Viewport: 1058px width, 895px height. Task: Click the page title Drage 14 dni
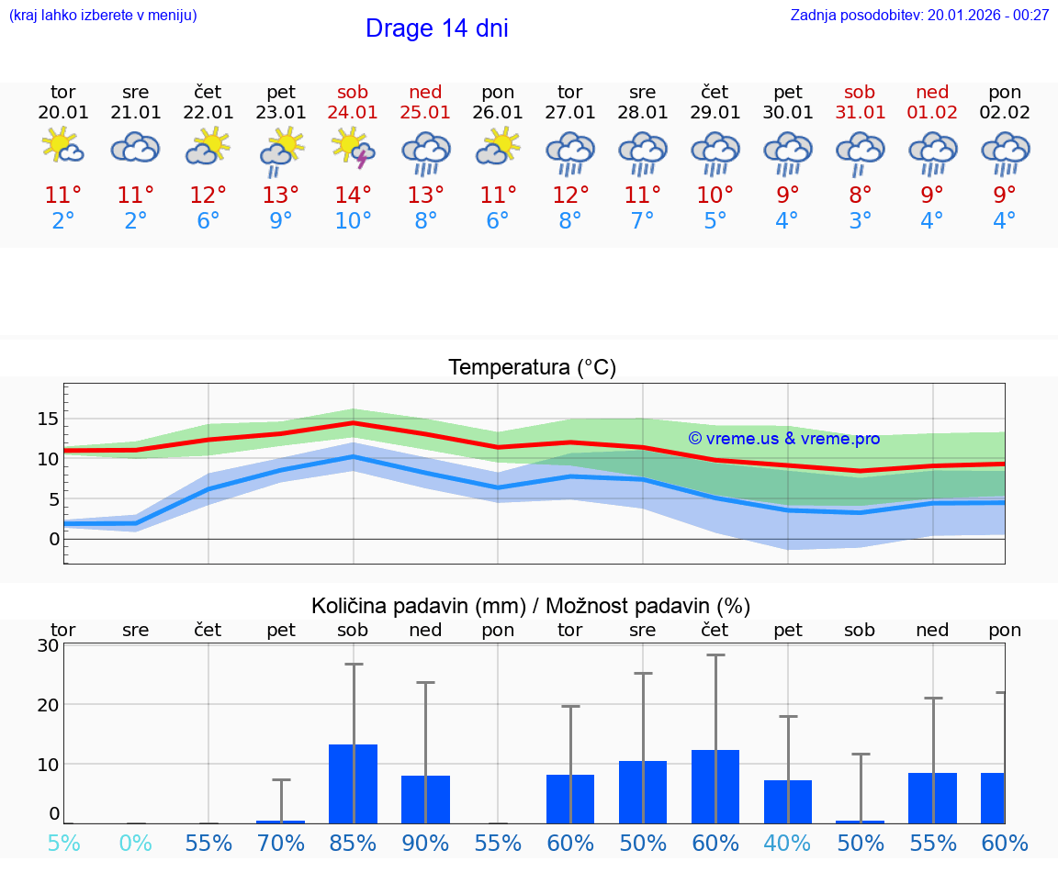click(x=436, y=28)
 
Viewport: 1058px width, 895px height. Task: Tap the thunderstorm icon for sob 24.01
click(x=354, y=150)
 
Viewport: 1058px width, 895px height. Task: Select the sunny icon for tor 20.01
click(x=62, y=147)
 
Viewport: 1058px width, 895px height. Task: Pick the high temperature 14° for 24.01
click(x=354, y=196)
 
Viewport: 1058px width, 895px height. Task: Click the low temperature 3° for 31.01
click(x=860, y=221)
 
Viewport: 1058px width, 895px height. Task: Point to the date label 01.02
click(x=932, y=113)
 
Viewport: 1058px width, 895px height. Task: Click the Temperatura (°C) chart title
click(x=532, y=368)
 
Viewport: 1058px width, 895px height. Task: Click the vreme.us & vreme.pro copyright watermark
click(x=783, y=439)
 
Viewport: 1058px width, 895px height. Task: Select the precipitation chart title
click(x=531, y=606)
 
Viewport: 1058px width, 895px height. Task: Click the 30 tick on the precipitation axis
click(x=49, y=645)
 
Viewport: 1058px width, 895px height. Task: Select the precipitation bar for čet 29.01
click(x=715, y=786)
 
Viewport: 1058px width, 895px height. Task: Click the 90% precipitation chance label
click(x=425, y=844)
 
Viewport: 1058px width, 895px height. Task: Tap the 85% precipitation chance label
click(x=354, y=844)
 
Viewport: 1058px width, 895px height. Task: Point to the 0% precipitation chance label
click(x=135, y=844)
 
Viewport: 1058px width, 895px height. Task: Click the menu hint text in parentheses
click(x=103, y=15)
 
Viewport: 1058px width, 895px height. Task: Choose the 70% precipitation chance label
click(x=281, y=844)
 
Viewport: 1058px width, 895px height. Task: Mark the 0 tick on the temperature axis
click(x=53, y=539)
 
